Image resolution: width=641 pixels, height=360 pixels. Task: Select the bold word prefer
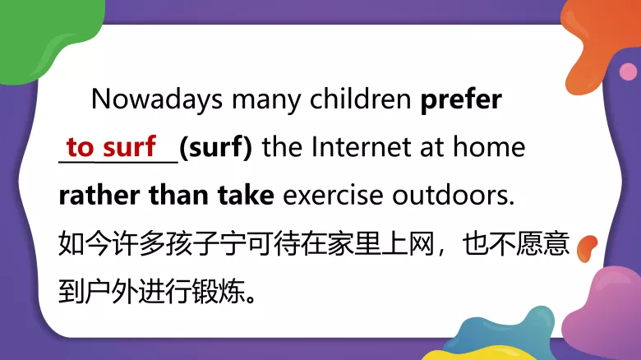click(x=461, y=99)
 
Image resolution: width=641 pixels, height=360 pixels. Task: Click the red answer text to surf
click(x=111, y=148)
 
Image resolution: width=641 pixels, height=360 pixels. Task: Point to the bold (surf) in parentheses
click(x=215, y=148)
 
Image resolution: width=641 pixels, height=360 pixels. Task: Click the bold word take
click(x=244, y=196)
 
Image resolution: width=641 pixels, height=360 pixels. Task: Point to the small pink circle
click(x=628, y=72)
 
